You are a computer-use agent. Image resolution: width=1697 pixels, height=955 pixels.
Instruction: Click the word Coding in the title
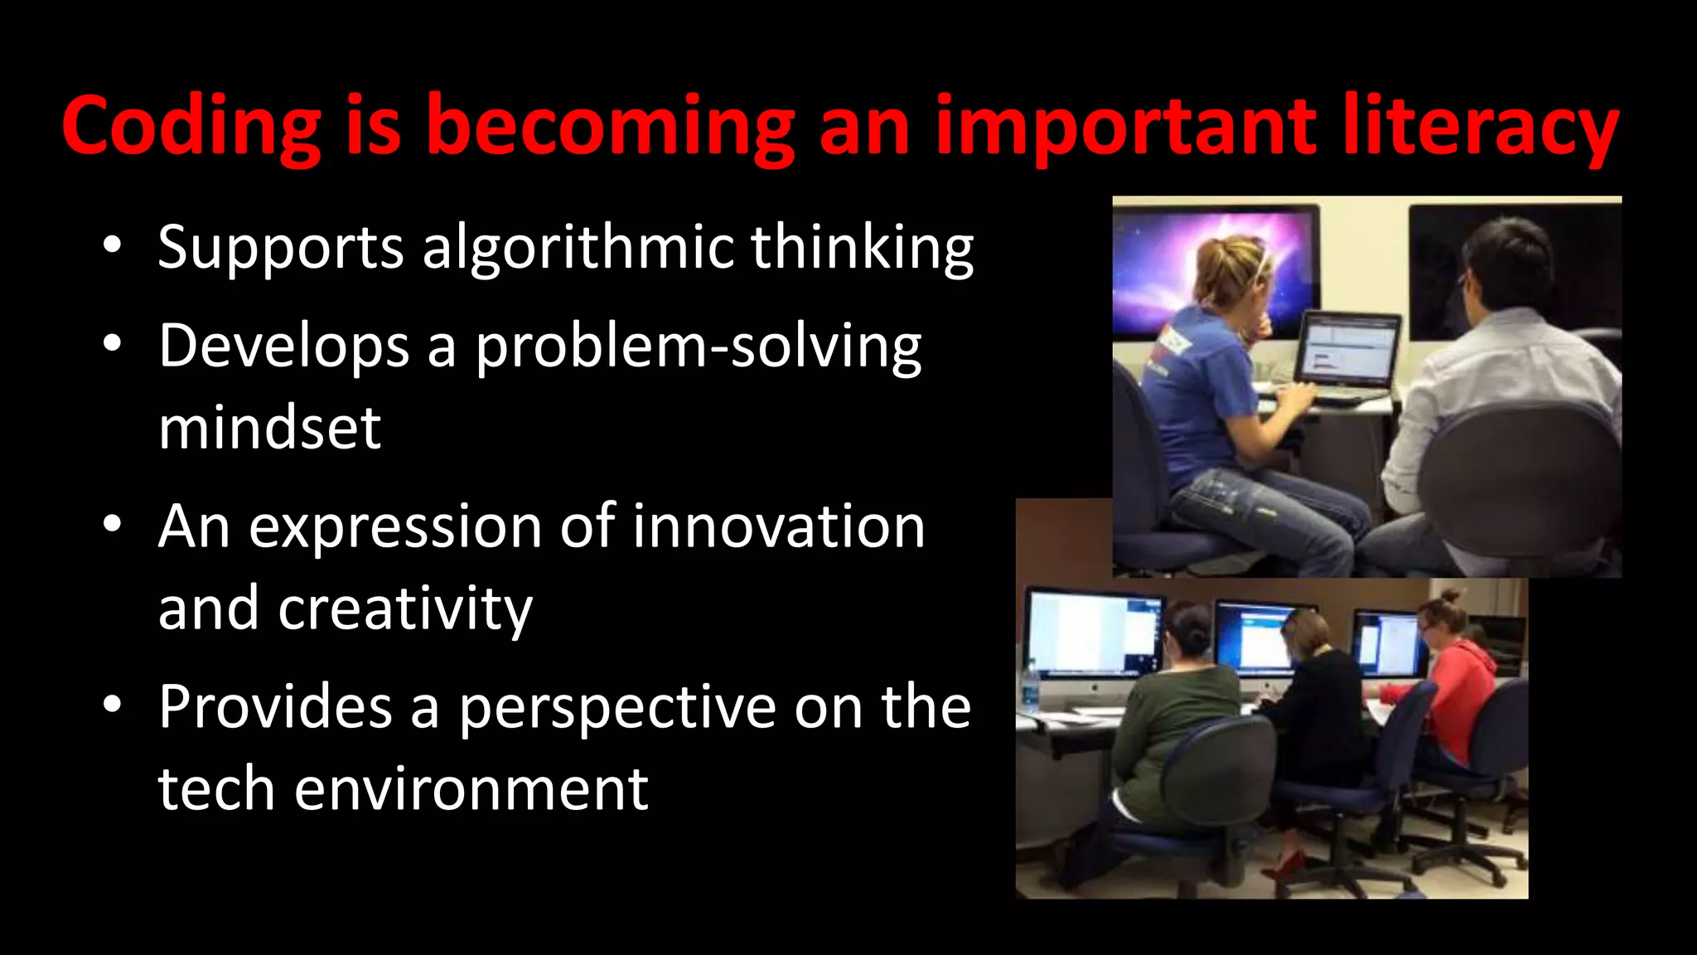tap(191, 126)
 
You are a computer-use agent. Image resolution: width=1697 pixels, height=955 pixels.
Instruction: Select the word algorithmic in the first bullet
tap(578, 247)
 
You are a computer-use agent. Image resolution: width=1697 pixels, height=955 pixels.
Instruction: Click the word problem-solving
tap(698, 347)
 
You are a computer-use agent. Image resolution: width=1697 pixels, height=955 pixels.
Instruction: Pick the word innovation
tap(778, 526)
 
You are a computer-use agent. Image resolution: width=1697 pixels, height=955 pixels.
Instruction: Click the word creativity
tap(405, 608)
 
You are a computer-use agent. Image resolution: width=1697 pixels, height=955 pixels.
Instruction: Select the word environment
tap(471, 789)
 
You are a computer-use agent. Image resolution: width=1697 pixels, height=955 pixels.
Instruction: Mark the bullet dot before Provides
tap(113, 705)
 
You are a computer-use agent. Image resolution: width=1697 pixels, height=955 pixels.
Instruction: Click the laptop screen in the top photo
tap(1348, 349)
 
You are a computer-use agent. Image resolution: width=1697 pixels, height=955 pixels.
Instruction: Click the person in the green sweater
tap(1177, 721)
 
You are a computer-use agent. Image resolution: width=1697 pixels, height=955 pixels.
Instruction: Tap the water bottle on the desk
tap(1030, 685)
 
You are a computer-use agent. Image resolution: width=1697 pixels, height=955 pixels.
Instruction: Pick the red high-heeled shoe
tap(1285, 866)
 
